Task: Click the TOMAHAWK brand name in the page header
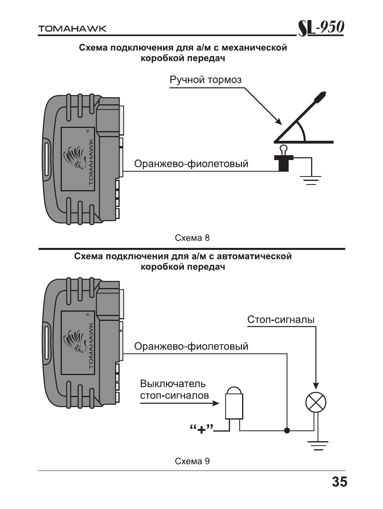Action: pos(72,29)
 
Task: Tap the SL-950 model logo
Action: pos(320,28)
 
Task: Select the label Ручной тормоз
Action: pos(206,79)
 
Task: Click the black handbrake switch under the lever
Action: pos(284,163)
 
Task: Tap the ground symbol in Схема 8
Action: pos(311,180)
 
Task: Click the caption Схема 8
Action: pos(192,238)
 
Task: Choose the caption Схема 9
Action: pos(192,461)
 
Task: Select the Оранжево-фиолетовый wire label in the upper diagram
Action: pos(191,164)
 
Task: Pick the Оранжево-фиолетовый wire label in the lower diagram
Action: pos(191,346)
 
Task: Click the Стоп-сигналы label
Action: pos(281,320)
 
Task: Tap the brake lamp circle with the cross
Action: pos(316,403)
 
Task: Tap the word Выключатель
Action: pos(173,384)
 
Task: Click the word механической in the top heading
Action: pos(255,48)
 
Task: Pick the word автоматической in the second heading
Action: pos(256,257)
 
